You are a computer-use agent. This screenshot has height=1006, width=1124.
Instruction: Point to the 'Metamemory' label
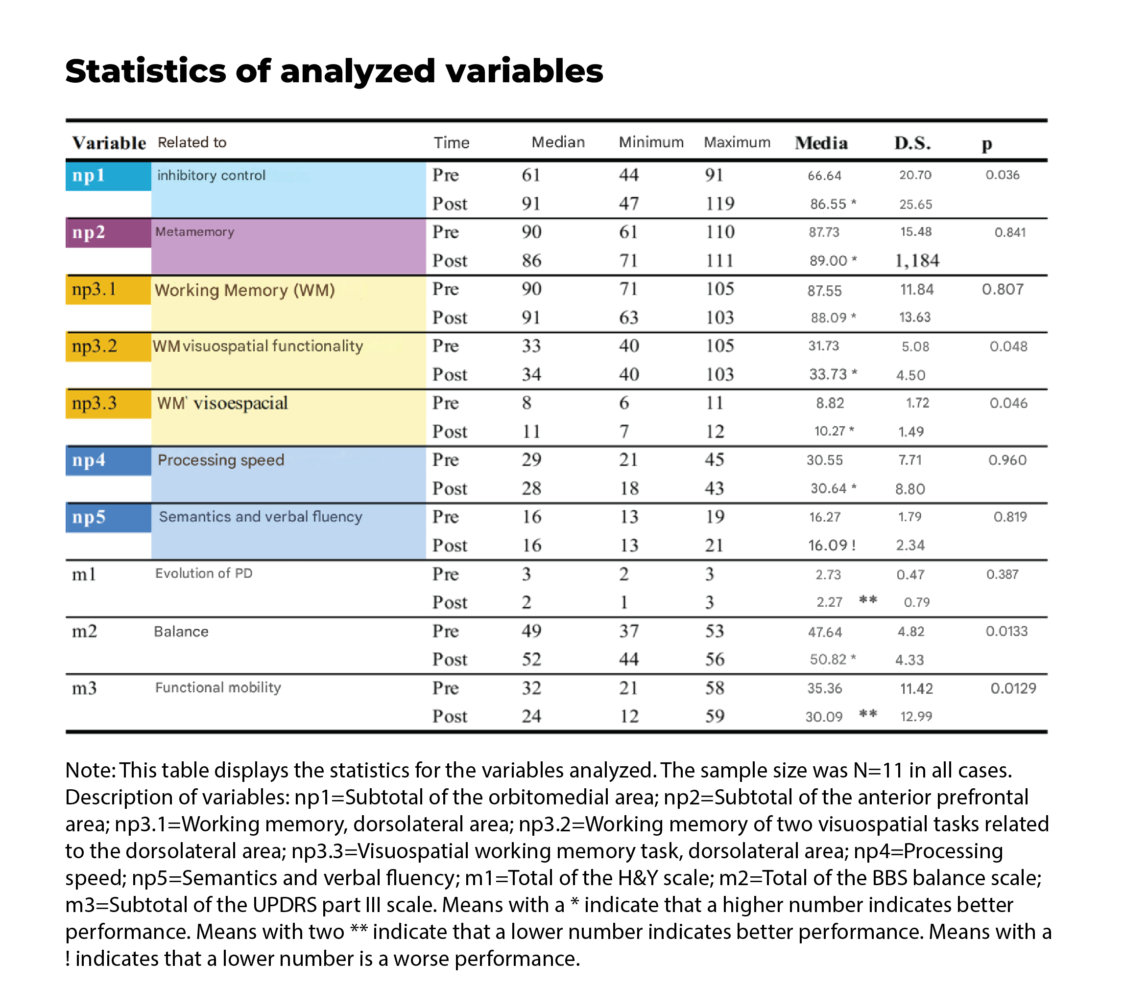[x=195, y=231]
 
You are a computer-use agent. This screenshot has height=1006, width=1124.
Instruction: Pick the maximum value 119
[x=719, y=204]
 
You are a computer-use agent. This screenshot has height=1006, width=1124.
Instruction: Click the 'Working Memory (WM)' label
[x=244, y=290]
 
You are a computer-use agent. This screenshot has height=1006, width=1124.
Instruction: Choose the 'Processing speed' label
[x=221, y=460]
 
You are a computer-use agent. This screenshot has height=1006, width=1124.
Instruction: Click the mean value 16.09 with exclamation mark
[x=832, y=546]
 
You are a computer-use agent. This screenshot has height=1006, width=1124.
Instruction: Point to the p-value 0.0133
[x=1006, y=631]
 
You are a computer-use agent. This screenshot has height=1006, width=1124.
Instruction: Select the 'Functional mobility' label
[x=218, y=687]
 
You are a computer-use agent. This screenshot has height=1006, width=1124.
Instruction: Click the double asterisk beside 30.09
[x=868, y=714]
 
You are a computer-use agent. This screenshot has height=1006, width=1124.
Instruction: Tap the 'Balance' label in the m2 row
[x=181, y=632]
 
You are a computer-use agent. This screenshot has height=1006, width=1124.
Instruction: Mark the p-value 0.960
[x=1007, y=460]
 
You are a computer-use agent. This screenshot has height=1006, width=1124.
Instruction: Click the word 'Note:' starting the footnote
[x=90, y=770]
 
